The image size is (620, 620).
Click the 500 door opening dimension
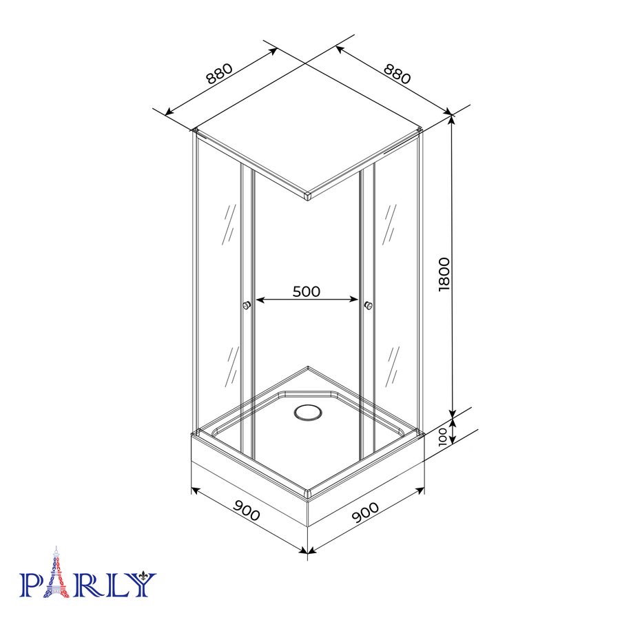(307, 291)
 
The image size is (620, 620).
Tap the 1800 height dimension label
(444, 274)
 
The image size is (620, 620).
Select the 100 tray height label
(443, 437)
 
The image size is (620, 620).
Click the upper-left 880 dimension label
(220, 74)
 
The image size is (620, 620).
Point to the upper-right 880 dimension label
(397, 74)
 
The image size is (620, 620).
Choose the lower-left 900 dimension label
(247, 510)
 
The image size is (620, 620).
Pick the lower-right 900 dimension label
(365, 513)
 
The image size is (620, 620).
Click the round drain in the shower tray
(308, 413)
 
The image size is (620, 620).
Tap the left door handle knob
(247, 305)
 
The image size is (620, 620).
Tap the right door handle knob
(369, 305)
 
